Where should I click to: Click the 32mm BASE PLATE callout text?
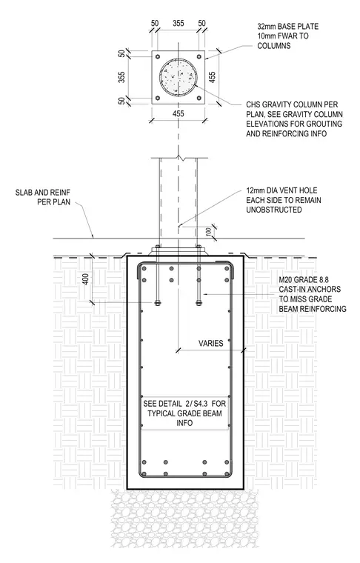click(288, 36)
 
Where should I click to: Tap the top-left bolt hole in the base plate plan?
click(157, 56)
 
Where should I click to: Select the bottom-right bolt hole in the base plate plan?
click(199, 98)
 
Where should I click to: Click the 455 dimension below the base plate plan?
click(179, 114)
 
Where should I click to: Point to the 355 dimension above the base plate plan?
click(179, 24)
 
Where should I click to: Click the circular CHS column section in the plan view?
click(178, 77)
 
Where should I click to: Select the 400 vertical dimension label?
click(86, 279)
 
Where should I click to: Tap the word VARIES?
click(211, 343)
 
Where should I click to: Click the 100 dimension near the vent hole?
click(209, 232)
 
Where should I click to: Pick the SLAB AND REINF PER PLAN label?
click(43, 197)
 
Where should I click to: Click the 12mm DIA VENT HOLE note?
click(284, 200)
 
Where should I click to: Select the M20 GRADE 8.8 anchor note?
click(313, 294)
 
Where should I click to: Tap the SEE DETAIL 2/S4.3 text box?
click(184, 413)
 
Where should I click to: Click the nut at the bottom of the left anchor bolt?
click(157, 303)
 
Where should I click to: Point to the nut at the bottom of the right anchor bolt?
click(199, 303)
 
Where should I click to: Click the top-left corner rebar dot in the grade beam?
click(144, 268)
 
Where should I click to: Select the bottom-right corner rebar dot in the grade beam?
click(227, 474)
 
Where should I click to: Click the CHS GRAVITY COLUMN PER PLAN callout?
click(294, 119)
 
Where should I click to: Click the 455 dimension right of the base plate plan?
click(212, 77)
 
